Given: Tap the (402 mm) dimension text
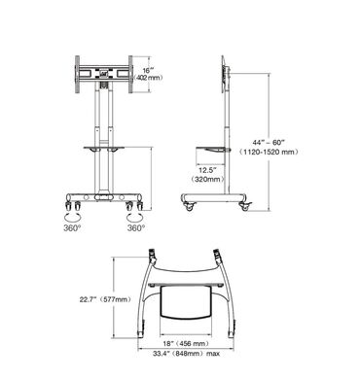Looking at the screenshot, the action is tap(149, 78).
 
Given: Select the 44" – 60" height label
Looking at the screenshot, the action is tap(269, 143).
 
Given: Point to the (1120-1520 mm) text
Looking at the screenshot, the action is tap(269, 152).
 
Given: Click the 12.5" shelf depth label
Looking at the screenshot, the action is tap(207, 169).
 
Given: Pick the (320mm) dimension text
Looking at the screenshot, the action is tap(207, 179).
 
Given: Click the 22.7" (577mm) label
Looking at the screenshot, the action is tap(105, 299).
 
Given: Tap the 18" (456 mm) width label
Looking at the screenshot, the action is tap(186, 344).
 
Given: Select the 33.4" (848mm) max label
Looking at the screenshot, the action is tap(187, 354).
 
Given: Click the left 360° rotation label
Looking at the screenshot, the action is tap(72, 228).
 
